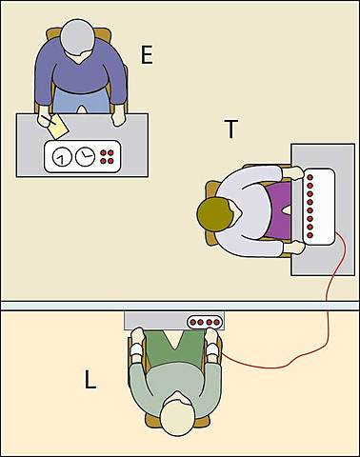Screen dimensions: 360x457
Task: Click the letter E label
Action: point(147,56)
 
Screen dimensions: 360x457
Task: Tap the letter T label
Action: point(231,129)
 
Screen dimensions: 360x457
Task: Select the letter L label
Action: point(90,380)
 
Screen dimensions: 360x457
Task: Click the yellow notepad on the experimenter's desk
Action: point(58,127)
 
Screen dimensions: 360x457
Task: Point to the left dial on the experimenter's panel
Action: point(62,157)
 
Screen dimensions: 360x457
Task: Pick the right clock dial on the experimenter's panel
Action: point(85,156)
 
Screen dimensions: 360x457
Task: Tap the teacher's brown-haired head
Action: point(214,213)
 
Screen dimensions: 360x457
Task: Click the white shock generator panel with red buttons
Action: point(319,207)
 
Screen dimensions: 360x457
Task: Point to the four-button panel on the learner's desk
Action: point(205,322)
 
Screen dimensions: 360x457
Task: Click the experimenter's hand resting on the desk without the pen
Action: point(118,115)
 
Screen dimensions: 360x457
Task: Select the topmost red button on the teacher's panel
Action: point(310,177)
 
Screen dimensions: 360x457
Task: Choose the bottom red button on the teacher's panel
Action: point(310,235)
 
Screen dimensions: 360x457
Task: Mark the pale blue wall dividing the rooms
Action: point(180,306)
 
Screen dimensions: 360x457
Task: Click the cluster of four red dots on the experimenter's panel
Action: point(107,157)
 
